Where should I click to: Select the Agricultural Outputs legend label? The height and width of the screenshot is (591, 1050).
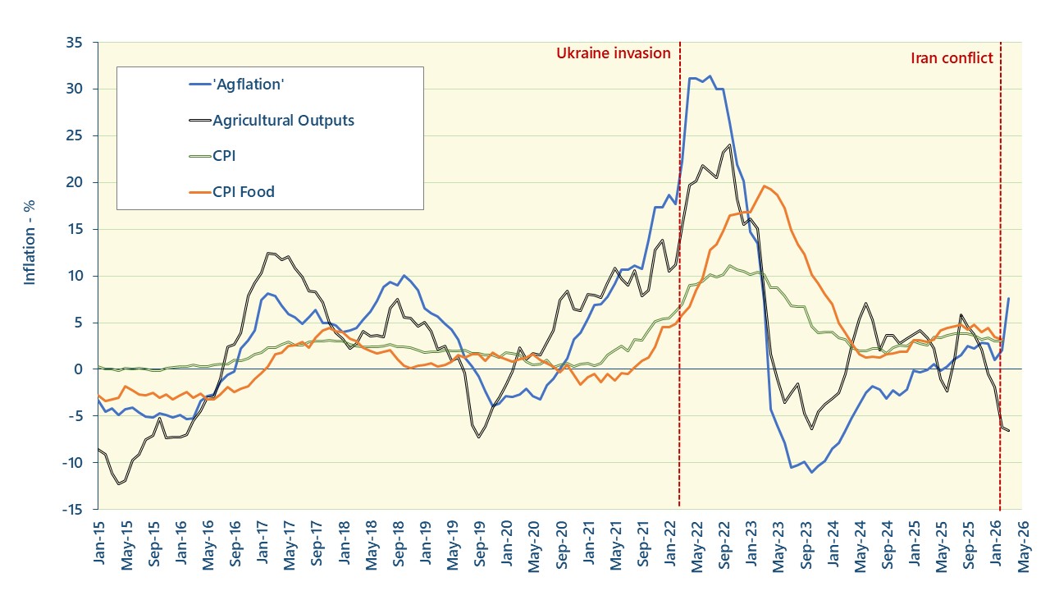[x=283, y=121]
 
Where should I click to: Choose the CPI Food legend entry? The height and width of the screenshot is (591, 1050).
[x=243, y=192]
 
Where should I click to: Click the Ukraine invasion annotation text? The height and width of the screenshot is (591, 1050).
[x=614, y=53]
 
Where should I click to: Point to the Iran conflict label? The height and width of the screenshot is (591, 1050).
[x=952, y=57]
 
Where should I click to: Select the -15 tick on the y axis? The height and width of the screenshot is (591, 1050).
[x=77, y=510]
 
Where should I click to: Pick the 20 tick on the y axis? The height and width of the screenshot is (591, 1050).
[x=80, y=182]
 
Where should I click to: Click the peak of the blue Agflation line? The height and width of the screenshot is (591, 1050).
[x=710, y=76]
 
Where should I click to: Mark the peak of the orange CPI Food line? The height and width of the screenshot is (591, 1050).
[x=764, y=186]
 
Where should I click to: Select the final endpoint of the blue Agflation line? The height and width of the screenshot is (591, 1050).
[x=1008, y=298]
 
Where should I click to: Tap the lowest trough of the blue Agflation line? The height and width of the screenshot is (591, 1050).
[x=811, y=472]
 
